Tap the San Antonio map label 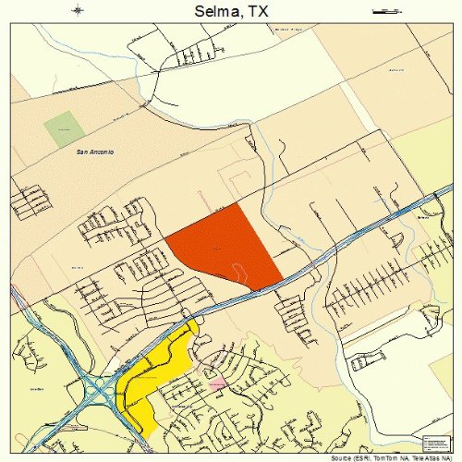[94, 152]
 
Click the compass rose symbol [79, 11]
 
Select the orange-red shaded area [226, 248]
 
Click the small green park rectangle [63, 128]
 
